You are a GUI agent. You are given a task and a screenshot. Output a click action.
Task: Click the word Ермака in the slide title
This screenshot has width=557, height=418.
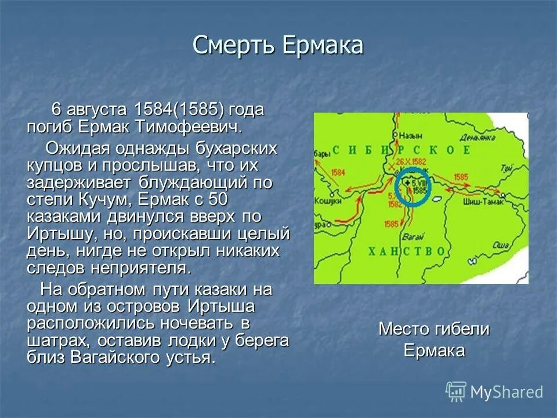pyautogui.click(x=323, y=45)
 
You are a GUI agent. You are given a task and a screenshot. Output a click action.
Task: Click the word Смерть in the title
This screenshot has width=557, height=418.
pyautogui.click(x=235, y=45)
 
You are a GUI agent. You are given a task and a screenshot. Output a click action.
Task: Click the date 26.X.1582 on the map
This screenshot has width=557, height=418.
pyautogui.click(x=413, y=160)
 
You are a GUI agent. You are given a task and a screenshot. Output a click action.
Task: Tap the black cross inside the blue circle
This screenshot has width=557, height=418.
pyautogui.click(x=407, y=182)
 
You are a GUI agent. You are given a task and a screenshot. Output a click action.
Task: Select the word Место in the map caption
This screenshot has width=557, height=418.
pyautogui.click(x=404, y=329)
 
